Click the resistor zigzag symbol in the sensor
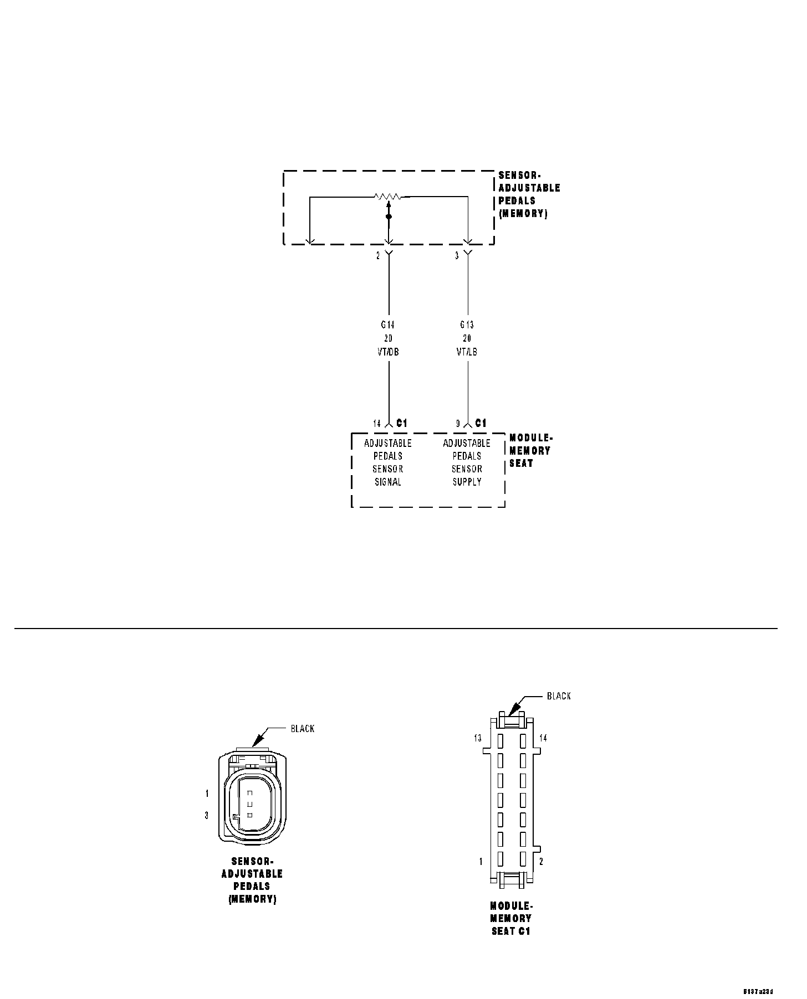point(387,196)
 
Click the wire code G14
point(388,325)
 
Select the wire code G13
point(467,325)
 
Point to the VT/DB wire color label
point(388,352)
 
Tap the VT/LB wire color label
point(467,352)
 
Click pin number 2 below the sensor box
point(379,256)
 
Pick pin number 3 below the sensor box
point(457,256)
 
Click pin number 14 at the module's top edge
point(377,424)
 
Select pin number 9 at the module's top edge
point(458,424)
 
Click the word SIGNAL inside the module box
point(388,482)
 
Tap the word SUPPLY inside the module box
point(467,482)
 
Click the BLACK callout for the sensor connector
point(303,729)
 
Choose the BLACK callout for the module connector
point(559,696)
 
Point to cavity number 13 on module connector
point(478,738)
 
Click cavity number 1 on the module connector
point(481,862)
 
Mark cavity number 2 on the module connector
point(542,862)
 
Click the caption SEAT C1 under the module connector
point(511,931)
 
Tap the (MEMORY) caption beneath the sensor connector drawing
point(252,899)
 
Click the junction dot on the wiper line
point(389,217)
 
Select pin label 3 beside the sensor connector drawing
point(207,815)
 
